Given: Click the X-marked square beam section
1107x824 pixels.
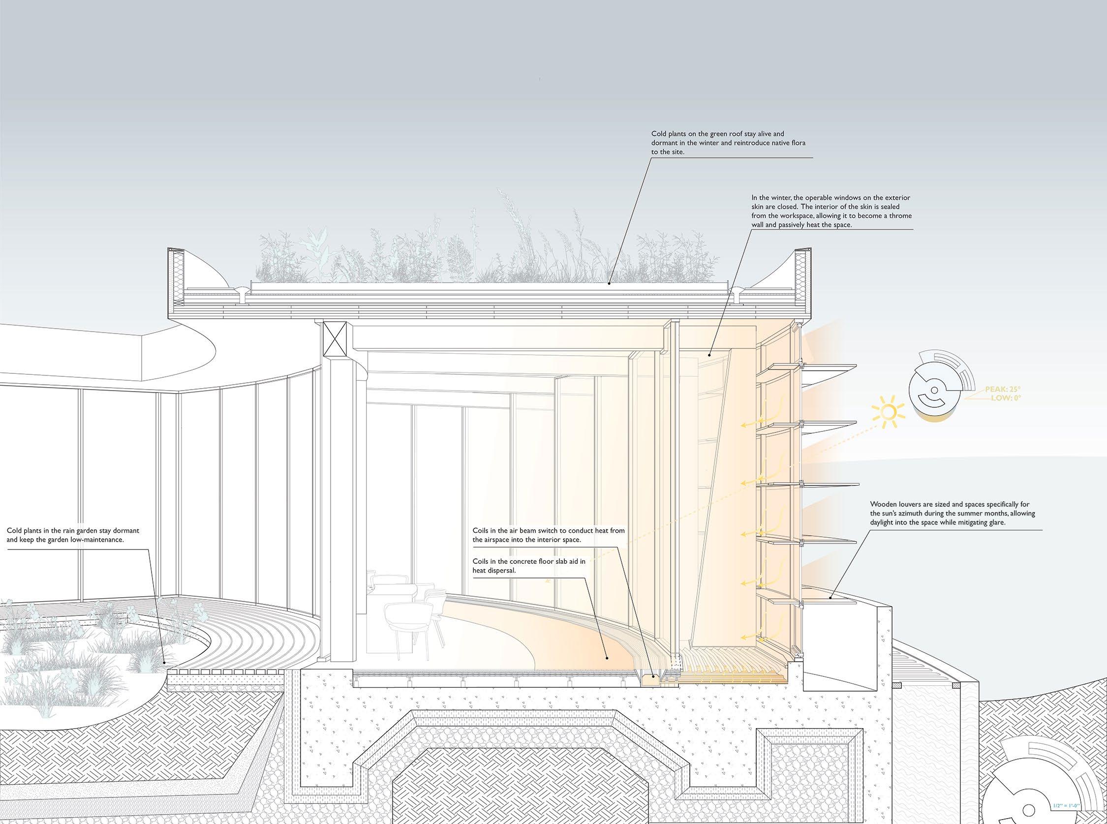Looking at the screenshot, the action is (335, 338).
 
